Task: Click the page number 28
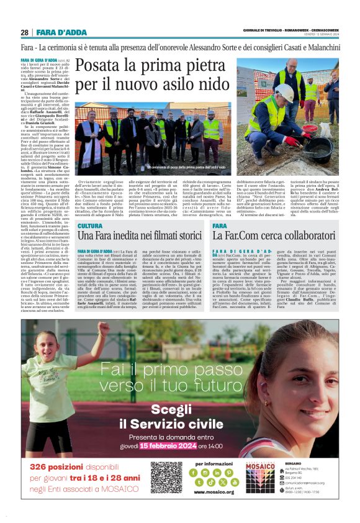tap(24, 32)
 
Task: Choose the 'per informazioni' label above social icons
tap(214, 463)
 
